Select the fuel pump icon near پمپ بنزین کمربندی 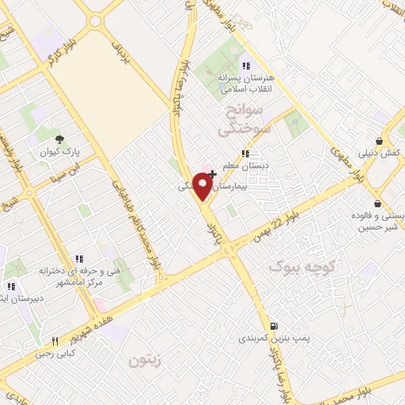(x=274, y=325)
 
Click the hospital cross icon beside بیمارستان (x=212, y=173)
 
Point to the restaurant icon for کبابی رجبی (x=55, y=342)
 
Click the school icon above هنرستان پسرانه (x=245, y=66)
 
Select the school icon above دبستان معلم (x=245, y=153)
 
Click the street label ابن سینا (x=65, y=166)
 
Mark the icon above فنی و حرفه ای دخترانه (x=78, y=259)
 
